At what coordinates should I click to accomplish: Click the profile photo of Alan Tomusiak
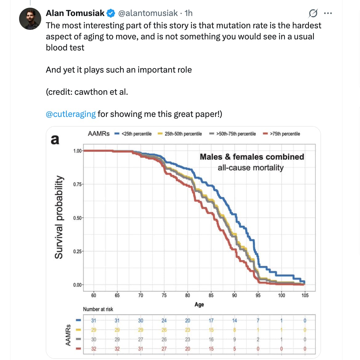[30, 19]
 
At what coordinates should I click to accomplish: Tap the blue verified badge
[111, 13]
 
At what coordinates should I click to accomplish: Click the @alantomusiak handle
[148, 13]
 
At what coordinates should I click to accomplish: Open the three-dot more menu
[328, 13]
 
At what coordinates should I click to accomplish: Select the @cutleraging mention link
[71, 114]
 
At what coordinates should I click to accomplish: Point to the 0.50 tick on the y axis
[77, 218]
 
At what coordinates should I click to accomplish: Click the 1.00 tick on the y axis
[77, 151]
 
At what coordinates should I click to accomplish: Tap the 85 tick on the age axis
[211, 295]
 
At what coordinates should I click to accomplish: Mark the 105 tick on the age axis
[305, 295]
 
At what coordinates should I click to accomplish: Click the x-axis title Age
[199, 305]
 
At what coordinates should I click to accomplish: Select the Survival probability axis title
[59, 217]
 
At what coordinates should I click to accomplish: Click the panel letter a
[55, 139]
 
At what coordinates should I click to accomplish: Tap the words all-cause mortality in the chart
[250, 168]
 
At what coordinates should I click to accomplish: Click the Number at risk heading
[98, 309]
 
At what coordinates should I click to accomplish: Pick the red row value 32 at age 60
[94, 349]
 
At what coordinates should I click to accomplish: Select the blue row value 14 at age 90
[234, 321]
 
